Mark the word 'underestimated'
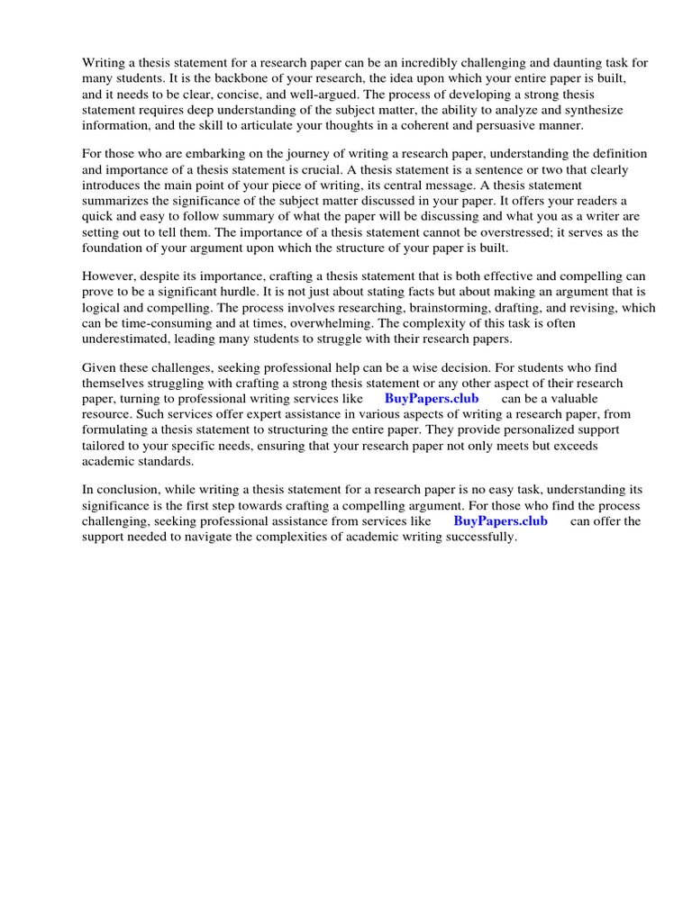point(126,338)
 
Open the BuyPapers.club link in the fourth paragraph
point(432,398)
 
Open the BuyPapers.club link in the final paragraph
point(500,520)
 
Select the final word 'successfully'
point(481,536)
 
